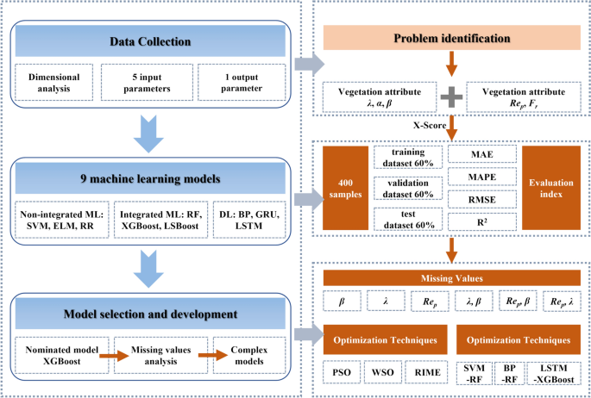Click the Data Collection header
point(151,41)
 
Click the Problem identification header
point(450,39)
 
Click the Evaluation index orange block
point(551,187)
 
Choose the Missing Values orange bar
point(450,278)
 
